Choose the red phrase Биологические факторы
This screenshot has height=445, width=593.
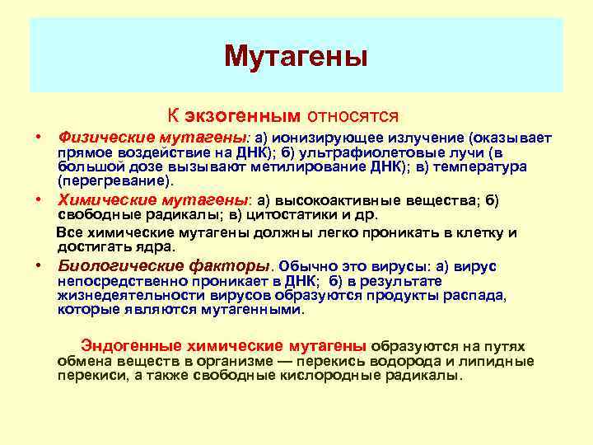click(x=164, y=266)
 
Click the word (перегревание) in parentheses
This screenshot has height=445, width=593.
click(x=114, y=180)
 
